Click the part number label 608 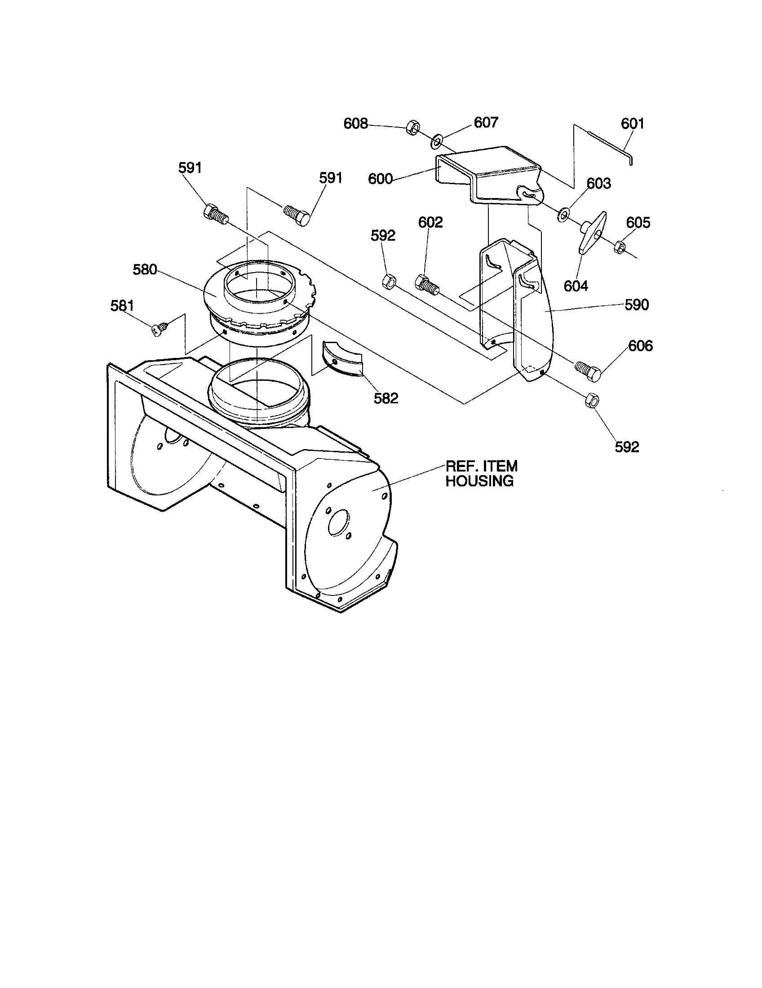click(356, 123)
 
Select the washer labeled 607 click(436, 141)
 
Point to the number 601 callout click(632, 123)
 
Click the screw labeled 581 click(161, 327)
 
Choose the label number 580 click(145, 269)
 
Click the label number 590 click(637, 305)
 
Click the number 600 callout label click(380, 179)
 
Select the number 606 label click(640, 346)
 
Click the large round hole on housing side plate click(339, 523)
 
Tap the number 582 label click(385, 398)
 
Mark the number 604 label click(576, 286)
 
